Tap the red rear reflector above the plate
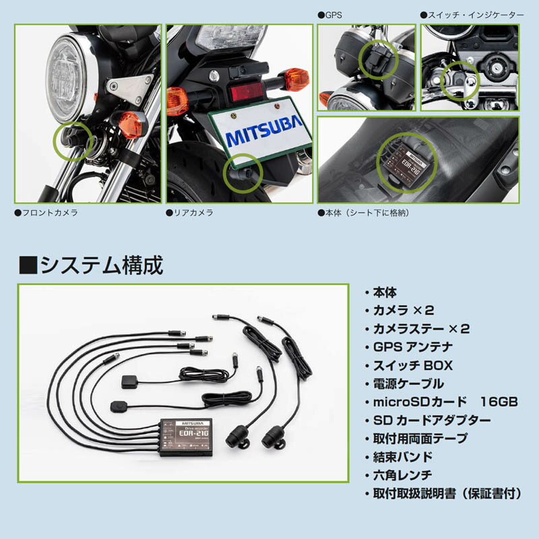(x=247, y=92)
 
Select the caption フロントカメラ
(x=46, y=213)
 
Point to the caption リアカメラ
(x=190, y=213)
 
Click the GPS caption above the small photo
(x=330, y=15)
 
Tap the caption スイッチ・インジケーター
(x=472, y=15)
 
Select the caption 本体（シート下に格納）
(x=364, y=213)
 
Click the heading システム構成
(x=91, y=265)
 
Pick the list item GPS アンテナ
(x=412, y=347)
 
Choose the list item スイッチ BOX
(x=412, y=365)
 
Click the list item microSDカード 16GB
(x=445, y=402)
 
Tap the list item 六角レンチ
(x=402, y=475)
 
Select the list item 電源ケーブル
(x=408, y=383)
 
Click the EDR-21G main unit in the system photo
(x=186, y=437)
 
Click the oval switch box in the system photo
(x=119, y=407)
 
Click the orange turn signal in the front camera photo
(x=131, y=125)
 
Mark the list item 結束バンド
(x=402, y=457)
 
